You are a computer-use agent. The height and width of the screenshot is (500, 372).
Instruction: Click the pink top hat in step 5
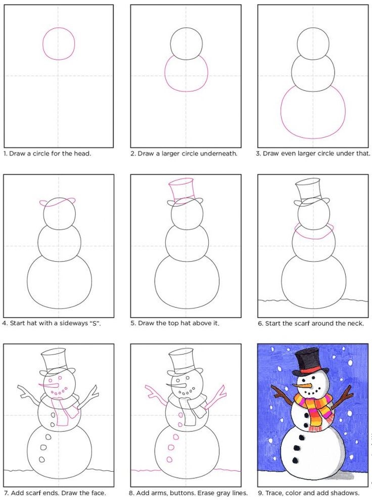183,190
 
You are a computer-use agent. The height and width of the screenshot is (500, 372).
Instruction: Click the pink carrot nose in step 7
48,385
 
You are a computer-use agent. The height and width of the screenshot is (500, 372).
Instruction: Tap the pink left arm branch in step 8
154,393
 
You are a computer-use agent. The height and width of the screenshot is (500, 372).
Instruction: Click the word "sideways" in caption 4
72,323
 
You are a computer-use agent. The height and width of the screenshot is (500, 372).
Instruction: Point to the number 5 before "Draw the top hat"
132,323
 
